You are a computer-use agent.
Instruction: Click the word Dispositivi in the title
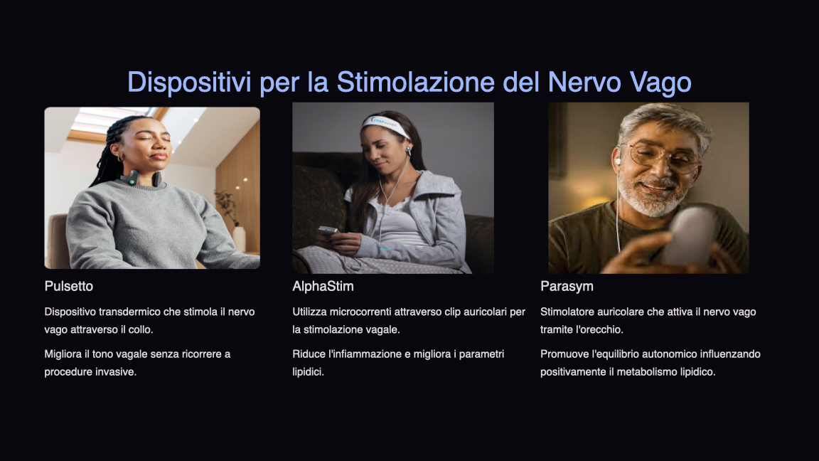(x=189, y=82)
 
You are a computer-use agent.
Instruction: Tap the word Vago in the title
(x=660, y=83)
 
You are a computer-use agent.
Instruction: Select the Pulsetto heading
(x=68, y=287)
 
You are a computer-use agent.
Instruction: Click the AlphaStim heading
(x=323, y=287)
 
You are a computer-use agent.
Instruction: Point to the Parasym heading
(x=567, y=287)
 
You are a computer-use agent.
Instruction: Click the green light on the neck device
(x=132, y=182)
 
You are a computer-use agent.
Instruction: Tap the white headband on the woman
(x=386, y=125)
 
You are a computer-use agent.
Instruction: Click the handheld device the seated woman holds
(x=328, y=230)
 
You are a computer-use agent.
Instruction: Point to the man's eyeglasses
(x=663, y=156)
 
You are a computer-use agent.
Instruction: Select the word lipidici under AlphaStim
(x=308, y=372)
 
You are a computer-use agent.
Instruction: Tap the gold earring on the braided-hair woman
(x=121, y=157)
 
